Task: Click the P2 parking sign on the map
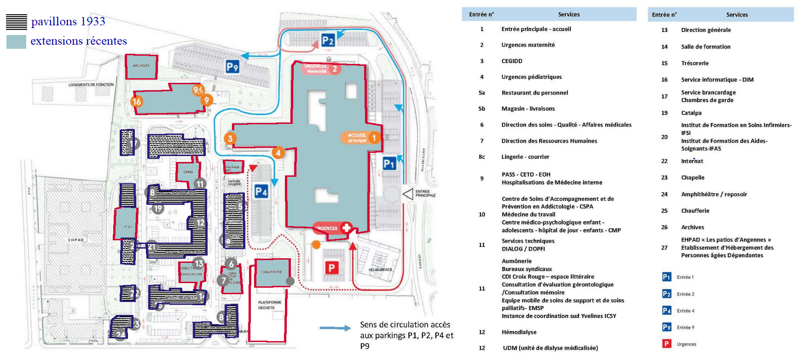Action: tap(328, 41)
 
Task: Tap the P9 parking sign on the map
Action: tap(232, 67)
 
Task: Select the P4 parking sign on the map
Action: tap(261, 192)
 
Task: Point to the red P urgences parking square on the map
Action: tap(331, 267)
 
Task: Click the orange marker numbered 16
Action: tap(137, 101)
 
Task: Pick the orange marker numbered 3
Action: tap(230, 138)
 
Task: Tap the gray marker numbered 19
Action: tap(158, 209)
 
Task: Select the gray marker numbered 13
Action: tap(198, 263)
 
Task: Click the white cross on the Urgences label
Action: tap(346, 227)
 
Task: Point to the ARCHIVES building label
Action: tap(141, 66)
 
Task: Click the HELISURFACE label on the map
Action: tap(381, 270)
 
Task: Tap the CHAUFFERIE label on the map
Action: tap(272, 272)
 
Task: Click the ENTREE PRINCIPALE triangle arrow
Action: tap(408, 194)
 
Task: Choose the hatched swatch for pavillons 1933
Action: tap(17, 22)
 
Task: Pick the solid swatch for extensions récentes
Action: tap(17, 41)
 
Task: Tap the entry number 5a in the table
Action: tap(482, 93)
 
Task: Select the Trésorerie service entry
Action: tap(695, 64)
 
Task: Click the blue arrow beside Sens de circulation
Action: tap(335, 328)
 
